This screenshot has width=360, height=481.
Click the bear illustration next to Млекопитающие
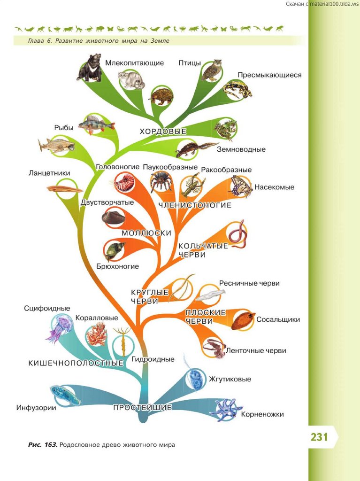click(x=90, y=68)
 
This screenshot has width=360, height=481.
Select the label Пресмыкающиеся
click(x=269, y=75)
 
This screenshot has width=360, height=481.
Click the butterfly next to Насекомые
click(x=241, y=187)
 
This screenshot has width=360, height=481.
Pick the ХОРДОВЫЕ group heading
click(x=163, y=132)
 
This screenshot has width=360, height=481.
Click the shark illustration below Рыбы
click(x=57, y=145)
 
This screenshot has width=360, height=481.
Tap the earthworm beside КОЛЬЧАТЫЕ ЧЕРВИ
click(x=237, y=233)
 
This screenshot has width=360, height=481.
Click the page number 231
click(x=319, y=437)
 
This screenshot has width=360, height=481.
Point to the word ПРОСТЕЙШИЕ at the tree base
click(x=142, y=407)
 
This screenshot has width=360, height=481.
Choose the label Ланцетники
click(x=49, y=173)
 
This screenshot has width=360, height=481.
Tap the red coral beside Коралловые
click(x=97, y=334)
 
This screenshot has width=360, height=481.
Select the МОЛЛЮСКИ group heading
click(x=146, y=233)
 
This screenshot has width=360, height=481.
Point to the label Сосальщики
click(x=278, y=320)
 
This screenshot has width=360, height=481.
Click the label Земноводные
click(x=241, y=149)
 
